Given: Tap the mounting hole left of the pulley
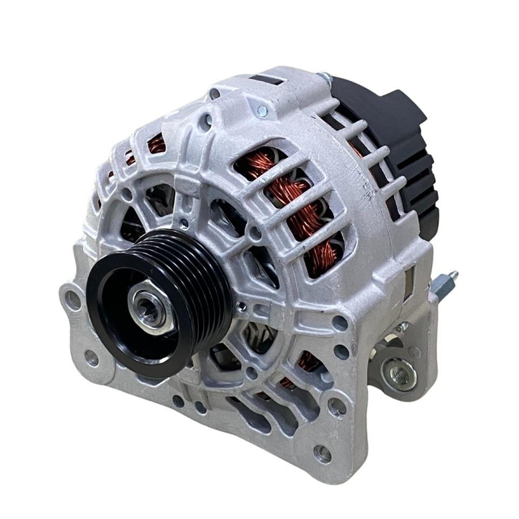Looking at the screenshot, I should pyautogui.click(x=72, y=300).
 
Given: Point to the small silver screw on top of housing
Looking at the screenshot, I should pyautogui.click(x=262, y=111).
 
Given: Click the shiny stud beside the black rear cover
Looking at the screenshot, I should pyautogui.click(x=324, y=77).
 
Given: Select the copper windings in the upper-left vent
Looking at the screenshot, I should pyautogui.click(x=156, y=143).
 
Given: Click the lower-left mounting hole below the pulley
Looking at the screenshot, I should pyautogui.click(x=92, y=357).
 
